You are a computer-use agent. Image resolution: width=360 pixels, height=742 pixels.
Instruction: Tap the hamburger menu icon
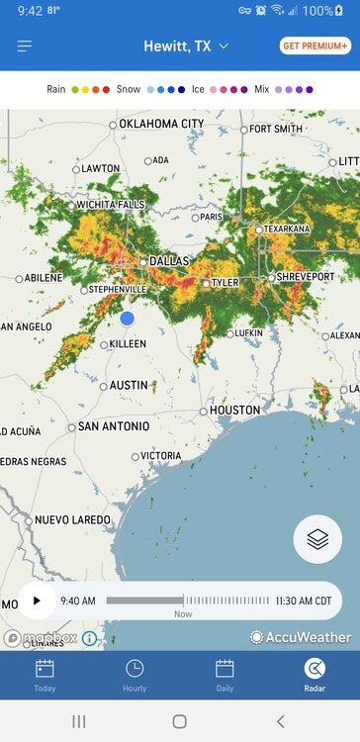25,46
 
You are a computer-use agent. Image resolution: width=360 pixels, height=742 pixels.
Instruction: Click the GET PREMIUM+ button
315,46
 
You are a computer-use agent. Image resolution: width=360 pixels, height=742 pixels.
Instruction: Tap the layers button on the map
317,539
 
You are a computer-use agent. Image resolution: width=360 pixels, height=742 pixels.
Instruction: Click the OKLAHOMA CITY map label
161,124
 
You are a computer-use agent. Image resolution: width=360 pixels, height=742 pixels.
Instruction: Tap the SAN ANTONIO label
114,426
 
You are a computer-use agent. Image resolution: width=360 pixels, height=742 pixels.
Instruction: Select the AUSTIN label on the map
129,385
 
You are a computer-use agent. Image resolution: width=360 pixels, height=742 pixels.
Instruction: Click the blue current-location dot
127,318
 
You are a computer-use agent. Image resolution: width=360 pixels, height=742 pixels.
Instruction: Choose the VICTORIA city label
161,456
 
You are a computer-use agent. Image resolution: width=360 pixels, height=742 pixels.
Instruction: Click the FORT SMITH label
276,129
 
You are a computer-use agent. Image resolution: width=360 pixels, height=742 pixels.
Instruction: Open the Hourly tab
135,675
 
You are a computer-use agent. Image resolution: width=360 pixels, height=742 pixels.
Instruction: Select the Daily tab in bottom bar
225,675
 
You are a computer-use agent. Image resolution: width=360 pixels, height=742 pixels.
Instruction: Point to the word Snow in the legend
128,89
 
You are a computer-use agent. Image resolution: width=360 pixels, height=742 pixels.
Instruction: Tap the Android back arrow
280,721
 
